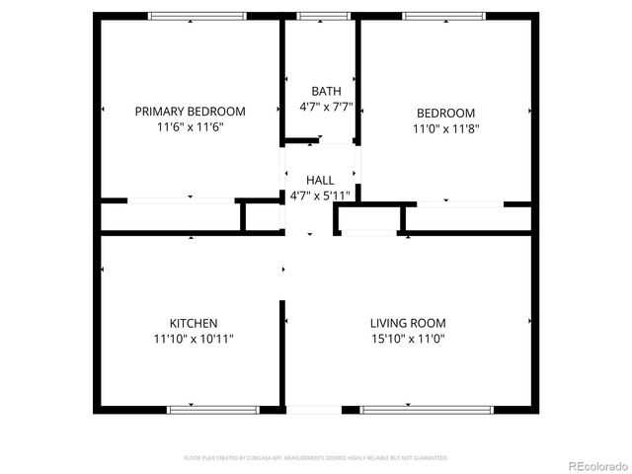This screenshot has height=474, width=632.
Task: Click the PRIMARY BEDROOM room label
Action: (x=190, y=112)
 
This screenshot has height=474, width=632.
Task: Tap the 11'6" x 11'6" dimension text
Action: (x=190, y=127)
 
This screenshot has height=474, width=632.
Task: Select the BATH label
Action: (x=326, y=91)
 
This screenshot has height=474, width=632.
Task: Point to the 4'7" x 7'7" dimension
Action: (x=326, y=107)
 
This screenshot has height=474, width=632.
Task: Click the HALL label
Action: (x=320, y=180)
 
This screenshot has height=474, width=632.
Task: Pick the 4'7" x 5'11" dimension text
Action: (x=320, y=196)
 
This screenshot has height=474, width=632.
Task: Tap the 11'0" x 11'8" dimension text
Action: (x=444, y=128)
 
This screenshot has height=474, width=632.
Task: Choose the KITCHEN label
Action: (x=194, y=323)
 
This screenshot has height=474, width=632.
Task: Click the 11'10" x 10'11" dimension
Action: (x=194, y=339)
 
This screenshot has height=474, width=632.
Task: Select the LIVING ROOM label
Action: (x=408, y=323)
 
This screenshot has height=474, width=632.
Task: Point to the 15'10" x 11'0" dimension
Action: (x=408, y=339)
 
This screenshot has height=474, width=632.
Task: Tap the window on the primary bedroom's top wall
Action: (x=197, y=16)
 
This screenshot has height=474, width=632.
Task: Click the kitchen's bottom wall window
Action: (x=212, y=409)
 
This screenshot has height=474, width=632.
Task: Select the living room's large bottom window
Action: (x=426, y=409)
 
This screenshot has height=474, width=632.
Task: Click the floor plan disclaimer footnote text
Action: (x=316, y=458)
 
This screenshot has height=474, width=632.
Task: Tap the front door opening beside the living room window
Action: (x=313, y=409)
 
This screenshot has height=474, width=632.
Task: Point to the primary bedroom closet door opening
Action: (x=181, y=200)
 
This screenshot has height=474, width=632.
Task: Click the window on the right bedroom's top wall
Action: (x=443, y=16)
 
